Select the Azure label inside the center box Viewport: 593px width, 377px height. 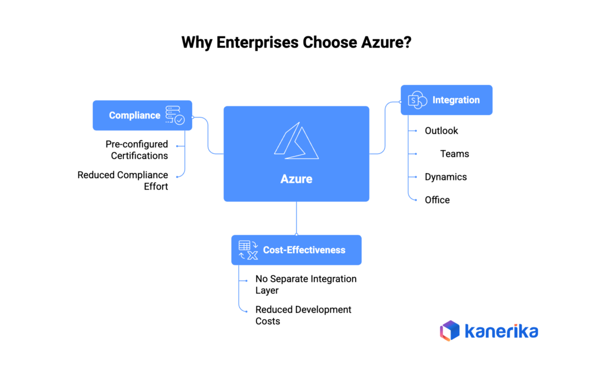[296, 179]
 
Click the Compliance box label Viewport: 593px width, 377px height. [134, 116]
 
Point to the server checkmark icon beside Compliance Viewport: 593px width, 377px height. [175, 115]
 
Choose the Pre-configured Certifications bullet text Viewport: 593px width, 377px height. [137, 150]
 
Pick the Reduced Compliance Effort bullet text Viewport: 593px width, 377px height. [123, 180]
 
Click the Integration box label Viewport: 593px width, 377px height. [456, 100]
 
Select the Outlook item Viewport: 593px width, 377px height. [441, 131]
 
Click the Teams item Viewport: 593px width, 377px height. [455, 154]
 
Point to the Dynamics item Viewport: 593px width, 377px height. [445, 177]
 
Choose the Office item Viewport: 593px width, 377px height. [437, 200]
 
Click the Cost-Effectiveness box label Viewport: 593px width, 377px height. [304, 250]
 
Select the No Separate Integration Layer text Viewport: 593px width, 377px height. [306, 284]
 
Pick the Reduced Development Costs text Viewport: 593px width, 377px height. [303, 315]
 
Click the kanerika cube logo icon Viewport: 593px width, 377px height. [449, 331]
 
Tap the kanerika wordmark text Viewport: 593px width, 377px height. [502, 331]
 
